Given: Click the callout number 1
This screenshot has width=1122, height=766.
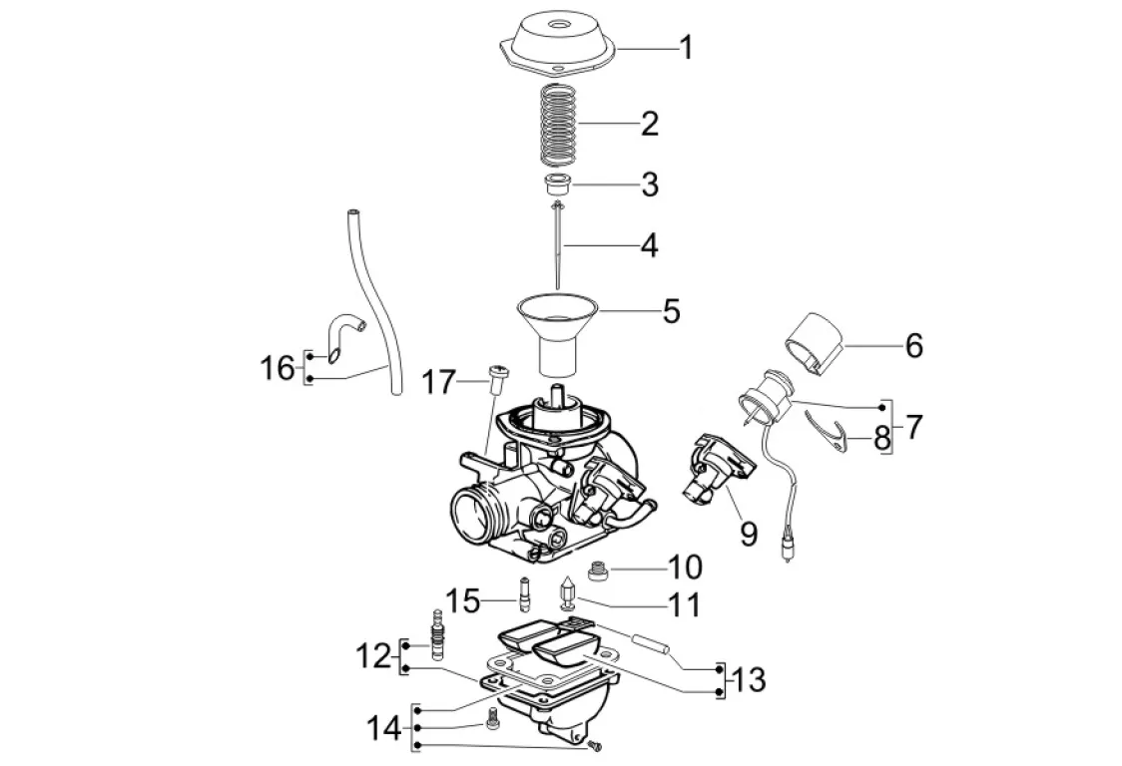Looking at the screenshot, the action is [x=686, y=48].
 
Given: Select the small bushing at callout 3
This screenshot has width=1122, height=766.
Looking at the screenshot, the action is [x=556, y=184].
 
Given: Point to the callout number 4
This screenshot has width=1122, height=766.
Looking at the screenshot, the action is [x=649, y=245].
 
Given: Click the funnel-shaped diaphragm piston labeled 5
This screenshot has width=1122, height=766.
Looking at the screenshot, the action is [x=557, y=336].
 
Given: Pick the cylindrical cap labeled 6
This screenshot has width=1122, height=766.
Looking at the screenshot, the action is [x=815, y=343].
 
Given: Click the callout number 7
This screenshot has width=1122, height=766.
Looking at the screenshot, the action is [x=913, y=427].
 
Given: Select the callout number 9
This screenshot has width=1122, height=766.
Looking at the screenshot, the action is [x=748, y=533].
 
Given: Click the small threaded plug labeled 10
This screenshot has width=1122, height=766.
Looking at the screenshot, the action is [x=597, y=572].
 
